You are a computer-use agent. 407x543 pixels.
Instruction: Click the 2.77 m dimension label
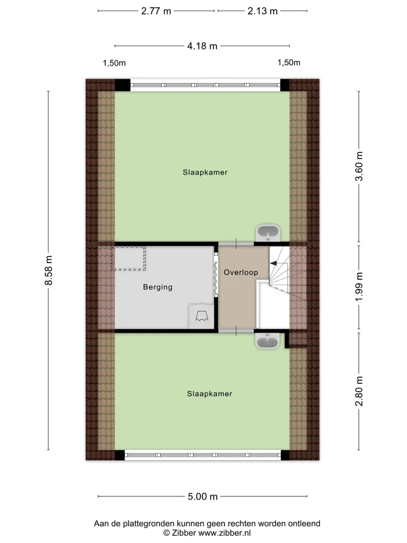point(156,11)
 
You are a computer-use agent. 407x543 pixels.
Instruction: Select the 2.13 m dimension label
point(263,11)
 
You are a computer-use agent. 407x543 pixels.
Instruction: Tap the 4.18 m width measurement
point(202,46)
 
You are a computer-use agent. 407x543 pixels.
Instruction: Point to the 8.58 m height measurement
point(48,270)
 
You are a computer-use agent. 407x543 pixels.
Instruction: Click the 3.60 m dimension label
point(359,166)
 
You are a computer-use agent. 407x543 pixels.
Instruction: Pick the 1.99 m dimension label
point(359,287)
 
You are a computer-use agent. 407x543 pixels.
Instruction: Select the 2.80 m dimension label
point(359,391)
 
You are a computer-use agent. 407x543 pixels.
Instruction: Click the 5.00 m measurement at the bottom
point(203,496)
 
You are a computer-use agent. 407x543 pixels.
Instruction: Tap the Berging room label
point(158,287)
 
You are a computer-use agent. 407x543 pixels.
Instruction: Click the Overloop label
point(241,272)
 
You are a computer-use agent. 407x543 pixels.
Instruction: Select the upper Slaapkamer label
point(205,172)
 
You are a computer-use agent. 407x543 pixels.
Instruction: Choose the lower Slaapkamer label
point(210,393)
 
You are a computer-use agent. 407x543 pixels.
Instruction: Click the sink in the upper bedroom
point(268,233)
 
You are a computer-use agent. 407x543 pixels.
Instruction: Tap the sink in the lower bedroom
point(267,341)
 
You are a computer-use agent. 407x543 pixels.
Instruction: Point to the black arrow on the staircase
point(273,264)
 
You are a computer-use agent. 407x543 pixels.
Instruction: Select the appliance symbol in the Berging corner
point(202,316)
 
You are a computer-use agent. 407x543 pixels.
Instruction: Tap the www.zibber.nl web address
point(224,533)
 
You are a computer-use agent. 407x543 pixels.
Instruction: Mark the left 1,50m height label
point(114,63)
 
